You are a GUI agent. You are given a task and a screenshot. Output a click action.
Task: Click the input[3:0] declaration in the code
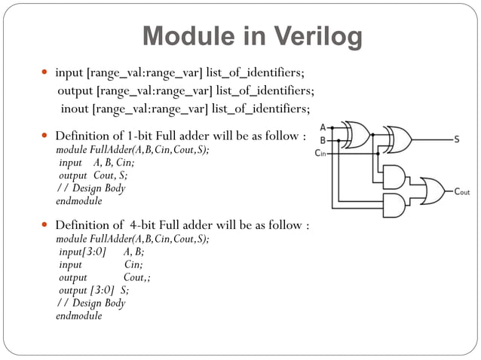82,252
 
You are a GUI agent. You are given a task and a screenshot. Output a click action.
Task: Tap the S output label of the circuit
457,139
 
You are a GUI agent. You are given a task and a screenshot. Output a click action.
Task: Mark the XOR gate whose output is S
397,139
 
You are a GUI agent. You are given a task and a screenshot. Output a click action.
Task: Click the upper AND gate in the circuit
393,178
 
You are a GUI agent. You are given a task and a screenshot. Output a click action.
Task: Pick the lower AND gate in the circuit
393,205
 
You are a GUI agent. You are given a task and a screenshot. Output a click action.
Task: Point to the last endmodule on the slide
78,316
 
